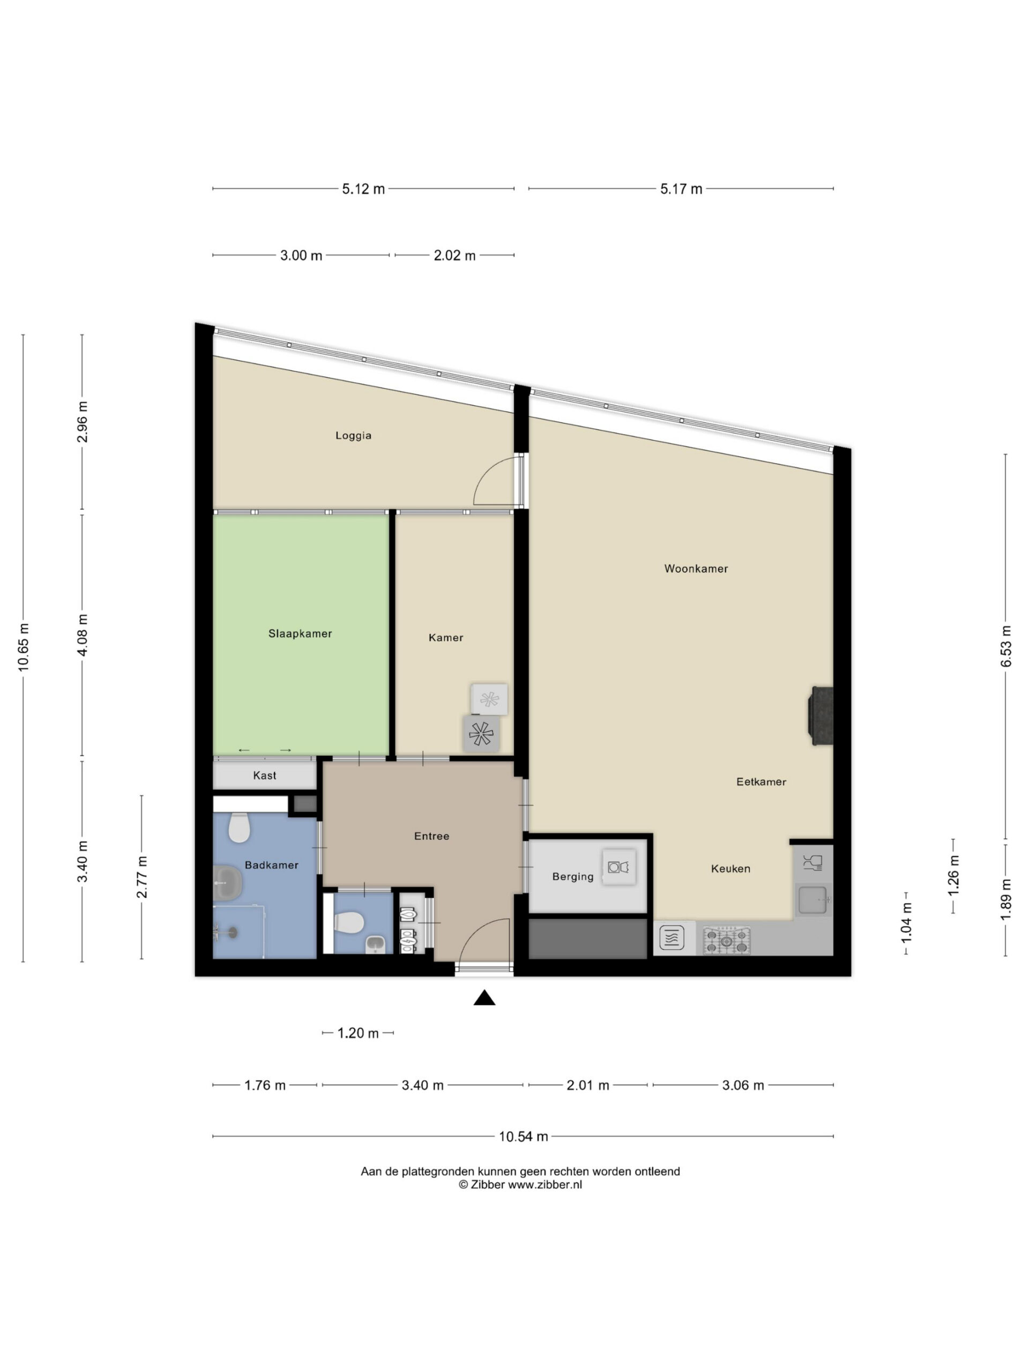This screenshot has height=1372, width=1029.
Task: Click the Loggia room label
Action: [353, 435]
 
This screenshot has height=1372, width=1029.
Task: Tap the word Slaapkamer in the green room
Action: [300, 633]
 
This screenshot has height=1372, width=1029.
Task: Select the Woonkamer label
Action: [696, 569]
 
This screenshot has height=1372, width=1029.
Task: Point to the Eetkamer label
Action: [761, 781]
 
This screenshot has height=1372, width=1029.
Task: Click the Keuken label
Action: [730, 868]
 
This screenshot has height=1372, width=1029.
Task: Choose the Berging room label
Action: [573, 876]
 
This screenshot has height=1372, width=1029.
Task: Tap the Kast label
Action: [265, 776]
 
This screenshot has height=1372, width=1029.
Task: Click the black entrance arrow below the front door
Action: [484, 997]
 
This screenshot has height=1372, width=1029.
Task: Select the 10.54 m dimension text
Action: [524, 1136]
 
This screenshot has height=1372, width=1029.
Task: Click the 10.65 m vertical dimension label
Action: [24, 647]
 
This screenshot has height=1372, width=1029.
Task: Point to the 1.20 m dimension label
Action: [358, 1033]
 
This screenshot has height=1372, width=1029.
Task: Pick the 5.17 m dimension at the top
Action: [681, 189]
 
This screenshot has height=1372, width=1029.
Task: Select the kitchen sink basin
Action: [813, 900]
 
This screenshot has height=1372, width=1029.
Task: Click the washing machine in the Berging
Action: [619, 867]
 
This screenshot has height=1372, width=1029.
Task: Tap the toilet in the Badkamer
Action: [239, 827]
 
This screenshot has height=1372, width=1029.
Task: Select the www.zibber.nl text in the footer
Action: [545, 1184]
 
